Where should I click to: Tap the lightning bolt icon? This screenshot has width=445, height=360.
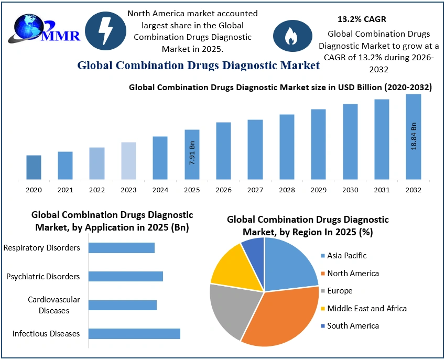105,31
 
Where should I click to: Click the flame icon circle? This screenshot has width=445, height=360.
289,35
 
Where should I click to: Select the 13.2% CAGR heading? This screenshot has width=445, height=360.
362,19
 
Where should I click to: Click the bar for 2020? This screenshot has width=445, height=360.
34,167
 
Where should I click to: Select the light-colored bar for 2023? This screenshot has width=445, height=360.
128,161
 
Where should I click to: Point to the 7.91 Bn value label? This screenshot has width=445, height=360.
192,153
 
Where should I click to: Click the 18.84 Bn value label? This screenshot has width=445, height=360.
414,137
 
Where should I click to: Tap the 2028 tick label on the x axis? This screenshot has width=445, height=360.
287,190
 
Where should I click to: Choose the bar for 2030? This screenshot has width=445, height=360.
350,141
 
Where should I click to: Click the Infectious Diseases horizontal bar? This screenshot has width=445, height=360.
134,333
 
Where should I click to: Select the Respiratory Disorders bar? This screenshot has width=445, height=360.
122,247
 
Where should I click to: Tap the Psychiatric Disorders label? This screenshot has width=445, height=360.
43,276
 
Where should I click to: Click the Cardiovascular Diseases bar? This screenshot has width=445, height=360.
123,304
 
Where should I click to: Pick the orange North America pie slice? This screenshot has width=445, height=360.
278,320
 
